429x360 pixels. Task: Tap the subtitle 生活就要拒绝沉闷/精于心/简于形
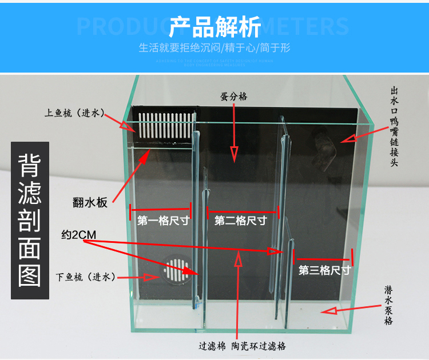(214, 48)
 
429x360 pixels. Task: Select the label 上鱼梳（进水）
(74, 113)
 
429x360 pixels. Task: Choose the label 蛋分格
(234, 97)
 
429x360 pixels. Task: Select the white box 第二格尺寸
(240, 221)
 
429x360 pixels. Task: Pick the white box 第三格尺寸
(324, 270)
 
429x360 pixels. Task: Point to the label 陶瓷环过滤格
(259, 346)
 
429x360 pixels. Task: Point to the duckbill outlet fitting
(321, 147)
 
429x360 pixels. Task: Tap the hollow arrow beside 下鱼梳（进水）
(150, 277)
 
